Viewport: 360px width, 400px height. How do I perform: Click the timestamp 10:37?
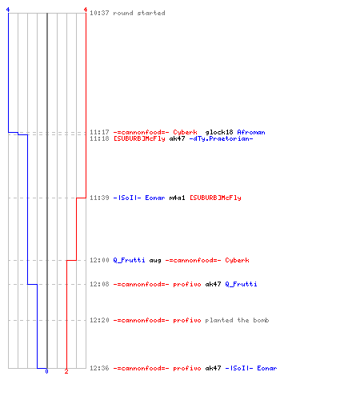tap(99, 13)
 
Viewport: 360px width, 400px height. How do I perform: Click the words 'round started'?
tap(139, 13)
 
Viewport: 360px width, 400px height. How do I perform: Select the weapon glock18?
tap(219, 132)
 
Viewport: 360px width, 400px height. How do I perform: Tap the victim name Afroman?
tap(251, 132)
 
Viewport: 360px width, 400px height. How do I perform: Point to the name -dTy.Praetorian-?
tap(221, 138)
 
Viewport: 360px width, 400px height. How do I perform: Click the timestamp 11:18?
tap(99, 138)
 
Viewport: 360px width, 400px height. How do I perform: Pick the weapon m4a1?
tap(177, 198)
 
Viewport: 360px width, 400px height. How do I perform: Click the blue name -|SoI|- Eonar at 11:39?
tap(139, 198)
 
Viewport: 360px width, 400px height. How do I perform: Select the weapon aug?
tap(155, 260)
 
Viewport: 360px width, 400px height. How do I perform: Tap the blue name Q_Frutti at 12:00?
tap(129, 260)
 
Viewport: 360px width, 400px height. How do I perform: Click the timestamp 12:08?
tap(99, 284)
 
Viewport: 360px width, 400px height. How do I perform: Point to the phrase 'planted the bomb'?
tap(237, 320)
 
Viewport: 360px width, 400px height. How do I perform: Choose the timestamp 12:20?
tap(99, 320)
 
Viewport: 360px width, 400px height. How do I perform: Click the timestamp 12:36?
tap(99, 368)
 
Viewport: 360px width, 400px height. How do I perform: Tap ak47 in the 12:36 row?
tap(213, 368)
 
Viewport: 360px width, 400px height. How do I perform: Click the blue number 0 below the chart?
tap(46, 371)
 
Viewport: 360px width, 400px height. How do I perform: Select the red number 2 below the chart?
tap(66, 371)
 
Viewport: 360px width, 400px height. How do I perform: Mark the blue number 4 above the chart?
tap(8, 10)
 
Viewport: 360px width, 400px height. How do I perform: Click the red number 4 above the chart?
tap(86, 10)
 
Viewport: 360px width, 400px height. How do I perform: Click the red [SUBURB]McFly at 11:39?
tap(215, 198)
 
